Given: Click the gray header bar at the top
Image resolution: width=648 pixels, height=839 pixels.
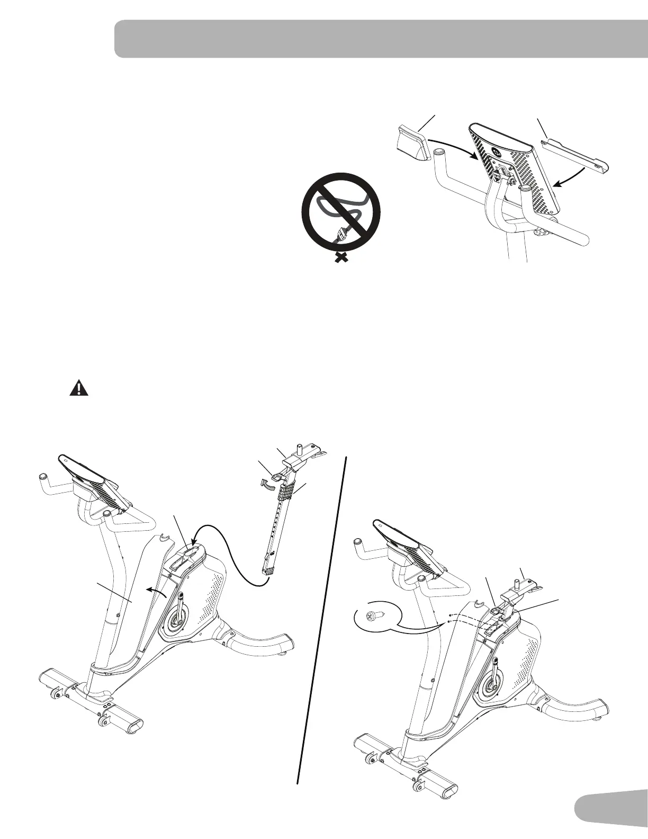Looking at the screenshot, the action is (x=381, y=39).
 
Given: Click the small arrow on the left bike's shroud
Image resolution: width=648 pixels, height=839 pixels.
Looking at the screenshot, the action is (x=157, y=590).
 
